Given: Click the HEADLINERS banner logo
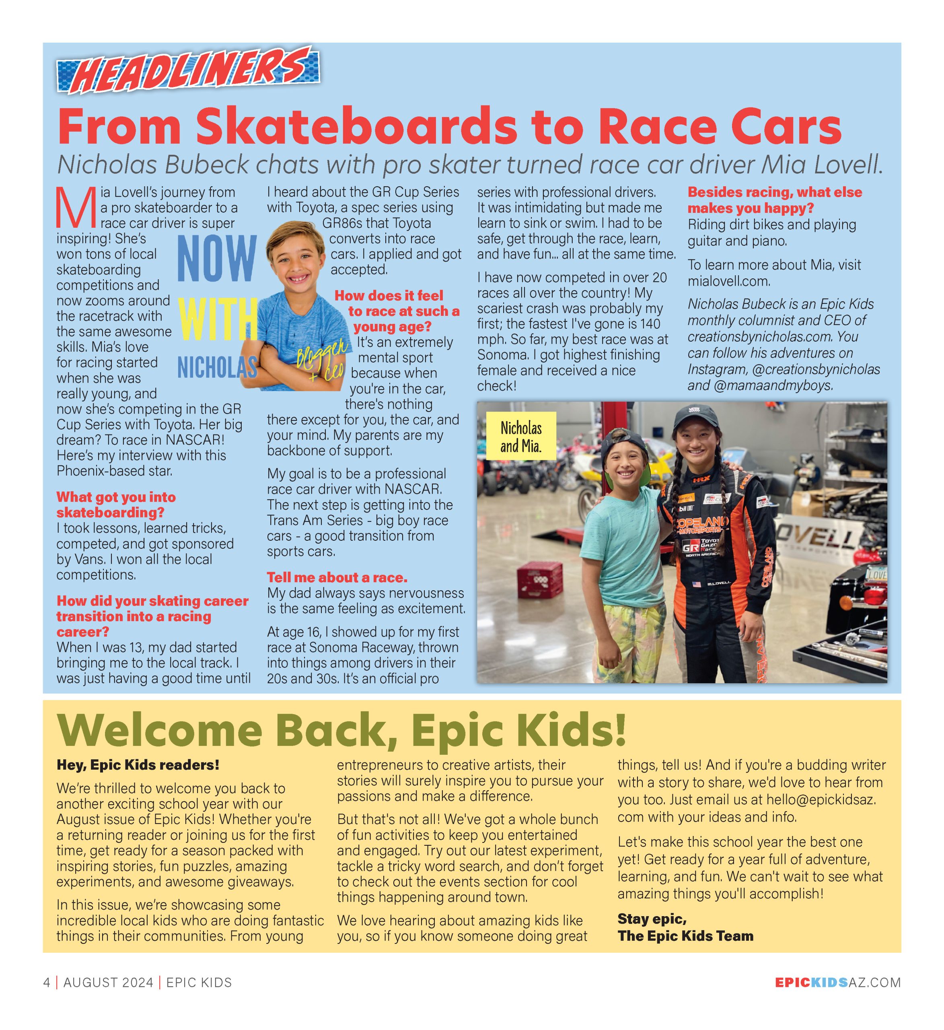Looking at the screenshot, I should click(188, 70).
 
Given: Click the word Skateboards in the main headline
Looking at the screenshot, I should click(356, 126).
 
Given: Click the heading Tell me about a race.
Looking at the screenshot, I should click(337, 577).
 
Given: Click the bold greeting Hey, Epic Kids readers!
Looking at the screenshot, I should click(138, 765).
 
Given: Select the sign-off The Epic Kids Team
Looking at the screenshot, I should click(685, 935).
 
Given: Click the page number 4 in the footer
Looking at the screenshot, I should click(47, 983).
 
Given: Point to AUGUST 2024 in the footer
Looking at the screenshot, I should click(108, 983).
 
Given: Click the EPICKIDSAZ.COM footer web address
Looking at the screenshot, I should click(838, 983).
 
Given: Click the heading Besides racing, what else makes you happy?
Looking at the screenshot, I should click(774, 200).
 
